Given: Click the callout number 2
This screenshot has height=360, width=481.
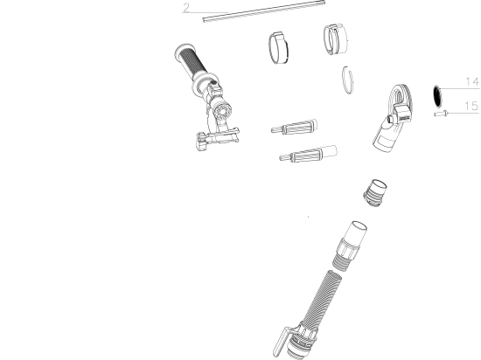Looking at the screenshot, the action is [x=186, y=8].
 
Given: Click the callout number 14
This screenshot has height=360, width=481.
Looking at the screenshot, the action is [x=472, y=82].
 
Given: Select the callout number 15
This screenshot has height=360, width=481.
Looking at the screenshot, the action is [x=471, y=106].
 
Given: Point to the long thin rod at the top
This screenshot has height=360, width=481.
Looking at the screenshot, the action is [x=264, y=11].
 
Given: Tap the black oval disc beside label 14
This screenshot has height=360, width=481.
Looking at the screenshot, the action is [x=436, y=96].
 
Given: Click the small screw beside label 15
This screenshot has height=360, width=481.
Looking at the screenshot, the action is [x=441, y=114].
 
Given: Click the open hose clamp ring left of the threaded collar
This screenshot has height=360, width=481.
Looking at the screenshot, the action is [x=278, y=48].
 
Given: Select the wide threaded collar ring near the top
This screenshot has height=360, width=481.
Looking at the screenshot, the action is [x=336, y=39].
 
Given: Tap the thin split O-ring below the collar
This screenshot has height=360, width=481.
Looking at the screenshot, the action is [x=347, y=80].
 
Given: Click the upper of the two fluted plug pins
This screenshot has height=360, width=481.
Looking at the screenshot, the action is [x=295, y=127].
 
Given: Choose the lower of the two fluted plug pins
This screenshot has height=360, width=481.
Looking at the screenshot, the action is [x=308, y=154].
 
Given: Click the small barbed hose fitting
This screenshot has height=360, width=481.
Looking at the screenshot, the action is [x=375, y=193].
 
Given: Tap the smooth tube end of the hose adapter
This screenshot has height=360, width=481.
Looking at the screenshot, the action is [x=358, y=232].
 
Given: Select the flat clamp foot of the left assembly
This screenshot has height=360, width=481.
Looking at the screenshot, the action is [x=218, y=139].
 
